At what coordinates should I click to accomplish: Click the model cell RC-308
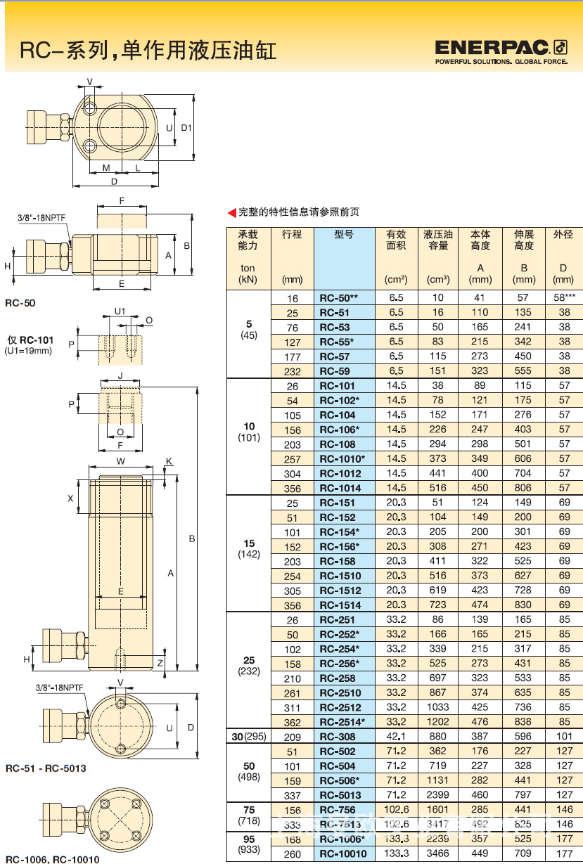click(343, 737)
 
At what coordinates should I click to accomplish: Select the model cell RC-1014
click(343, 488)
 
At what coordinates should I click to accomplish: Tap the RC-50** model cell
click(343, 298)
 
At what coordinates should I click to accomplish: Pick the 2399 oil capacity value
click(438, 795)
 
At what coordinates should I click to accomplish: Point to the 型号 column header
click(343, 235)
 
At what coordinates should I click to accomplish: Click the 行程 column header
click(292, 235)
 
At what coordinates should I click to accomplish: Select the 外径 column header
click(564, 235)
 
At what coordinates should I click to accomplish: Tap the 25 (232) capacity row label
click(249, 665)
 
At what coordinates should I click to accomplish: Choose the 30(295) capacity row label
click(248, 737)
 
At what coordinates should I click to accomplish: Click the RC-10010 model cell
click(343, 853)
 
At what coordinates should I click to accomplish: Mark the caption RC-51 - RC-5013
click(45, 768)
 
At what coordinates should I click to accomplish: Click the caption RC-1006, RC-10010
click(52, 859)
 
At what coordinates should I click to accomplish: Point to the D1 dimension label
click(186, 128)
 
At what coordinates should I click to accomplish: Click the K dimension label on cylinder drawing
click(169, 461)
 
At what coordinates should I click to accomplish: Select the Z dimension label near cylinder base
click(160, 663)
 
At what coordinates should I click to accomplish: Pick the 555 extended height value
click(523, 371)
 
